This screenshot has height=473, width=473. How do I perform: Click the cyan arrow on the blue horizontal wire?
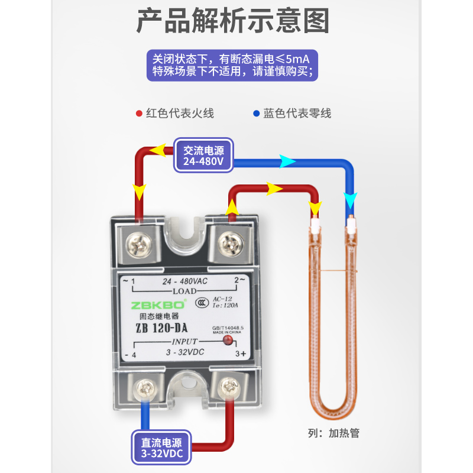point(287,160)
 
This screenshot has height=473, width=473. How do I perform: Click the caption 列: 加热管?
point(335,433)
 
